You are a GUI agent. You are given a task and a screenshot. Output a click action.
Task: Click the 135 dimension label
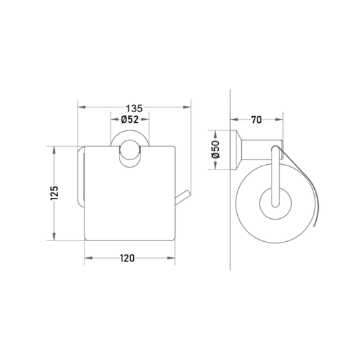point(134,108)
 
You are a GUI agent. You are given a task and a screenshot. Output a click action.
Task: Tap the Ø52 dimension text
point(130,120)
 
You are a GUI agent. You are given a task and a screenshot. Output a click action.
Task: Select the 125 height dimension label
point(55,193)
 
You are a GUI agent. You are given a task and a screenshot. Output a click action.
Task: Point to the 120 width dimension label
point(128,258)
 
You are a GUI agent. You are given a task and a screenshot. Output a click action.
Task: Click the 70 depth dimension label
point(256,120)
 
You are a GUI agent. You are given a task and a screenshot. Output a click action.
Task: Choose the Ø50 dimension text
point(216,149)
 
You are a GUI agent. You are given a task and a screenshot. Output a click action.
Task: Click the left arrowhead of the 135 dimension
point(82,107)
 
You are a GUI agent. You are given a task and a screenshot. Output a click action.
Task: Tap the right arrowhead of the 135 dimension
point(187,107)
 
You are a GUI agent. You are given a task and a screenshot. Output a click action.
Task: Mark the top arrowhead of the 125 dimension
point(54,150)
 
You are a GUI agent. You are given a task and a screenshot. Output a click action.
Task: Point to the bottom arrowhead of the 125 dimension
point(54,236)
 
